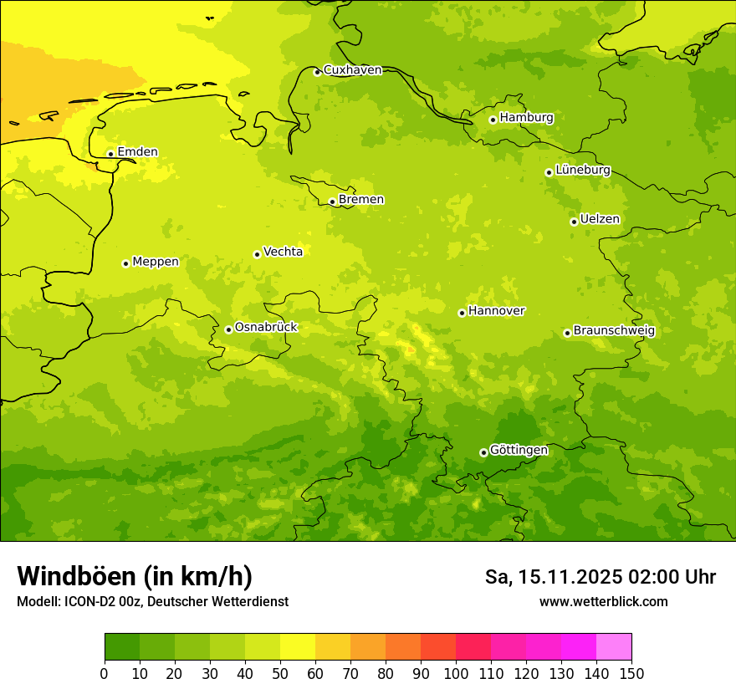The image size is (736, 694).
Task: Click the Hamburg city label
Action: [x=526, y=118]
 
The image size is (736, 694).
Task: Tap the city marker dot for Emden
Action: [x=110, y=154]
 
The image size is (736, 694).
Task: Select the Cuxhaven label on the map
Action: [x=352, y=70]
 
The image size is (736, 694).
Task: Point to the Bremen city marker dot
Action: [x=332, y=202]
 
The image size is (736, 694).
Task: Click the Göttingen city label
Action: [x=519, y=451]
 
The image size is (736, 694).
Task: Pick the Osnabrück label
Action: [x=266, y=328]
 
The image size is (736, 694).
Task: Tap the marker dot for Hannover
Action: [x=462, y=314]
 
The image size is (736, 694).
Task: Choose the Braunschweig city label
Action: [x=614, y=331]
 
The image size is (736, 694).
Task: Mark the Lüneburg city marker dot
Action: [x=549, y=172]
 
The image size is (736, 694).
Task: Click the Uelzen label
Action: [x=600, y=220]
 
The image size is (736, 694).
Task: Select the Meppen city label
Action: [x=156, y=262]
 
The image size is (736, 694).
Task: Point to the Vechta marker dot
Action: [x=257, y=254]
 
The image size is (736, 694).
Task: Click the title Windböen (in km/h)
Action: [x=135, y=577]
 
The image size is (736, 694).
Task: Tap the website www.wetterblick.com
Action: [x=603, y=602]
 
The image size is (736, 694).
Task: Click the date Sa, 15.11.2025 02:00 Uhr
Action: [x=600, y=577]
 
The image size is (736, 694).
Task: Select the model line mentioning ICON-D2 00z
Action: [x=152, y=602]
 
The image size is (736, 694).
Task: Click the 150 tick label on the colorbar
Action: [x=631, y=674]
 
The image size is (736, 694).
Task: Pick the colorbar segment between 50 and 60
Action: [x=298, y=647]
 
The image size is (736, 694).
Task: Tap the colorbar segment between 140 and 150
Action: [x=614, y=647]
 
